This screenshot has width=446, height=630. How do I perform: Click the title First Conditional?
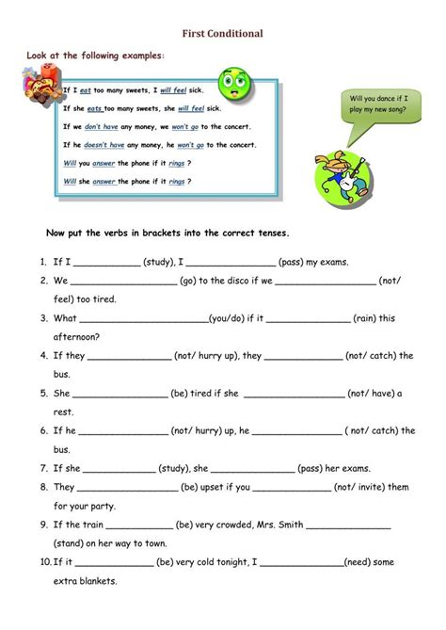223,33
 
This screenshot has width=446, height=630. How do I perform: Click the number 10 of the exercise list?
45,562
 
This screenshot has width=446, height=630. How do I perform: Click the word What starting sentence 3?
65,318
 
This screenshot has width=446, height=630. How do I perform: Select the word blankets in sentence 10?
98,581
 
